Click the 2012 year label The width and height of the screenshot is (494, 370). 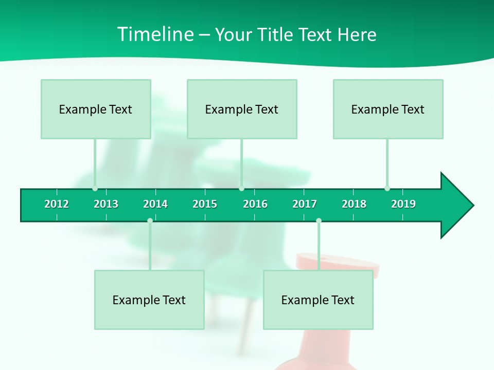point(57,204)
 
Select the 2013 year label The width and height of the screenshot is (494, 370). point(106,204)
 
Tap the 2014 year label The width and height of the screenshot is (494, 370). point(155,204)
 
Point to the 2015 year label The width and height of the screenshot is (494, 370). point(205,204)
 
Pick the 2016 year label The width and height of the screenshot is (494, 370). point(255,204)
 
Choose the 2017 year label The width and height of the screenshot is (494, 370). point(305,204)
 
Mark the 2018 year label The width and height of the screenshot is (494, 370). point(354,204)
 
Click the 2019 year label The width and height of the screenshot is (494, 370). point(403,204)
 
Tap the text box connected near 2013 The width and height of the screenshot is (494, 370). point(96,109)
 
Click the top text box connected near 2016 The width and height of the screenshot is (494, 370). point(242,109)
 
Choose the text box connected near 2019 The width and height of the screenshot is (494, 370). point(388,109)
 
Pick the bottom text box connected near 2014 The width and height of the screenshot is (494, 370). point(149,300)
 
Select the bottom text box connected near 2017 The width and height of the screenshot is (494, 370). point(318,300)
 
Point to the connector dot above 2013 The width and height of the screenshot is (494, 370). point(95,189)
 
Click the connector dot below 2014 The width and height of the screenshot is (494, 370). point(150,220)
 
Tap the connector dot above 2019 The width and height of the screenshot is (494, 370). point(387,189)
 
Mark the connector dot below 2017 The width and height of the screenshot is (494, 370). point(319,220)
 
